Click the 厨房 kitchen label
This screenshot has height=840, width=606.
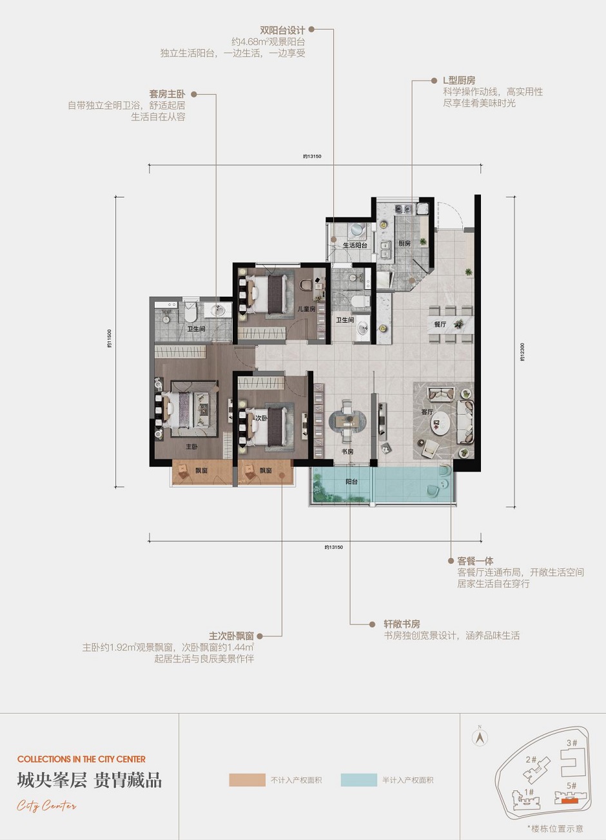coord(404,243)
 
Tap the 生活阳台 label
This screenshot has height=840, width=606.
coord(355,245)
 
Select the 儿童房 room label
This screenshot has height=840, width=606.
coord(306,309)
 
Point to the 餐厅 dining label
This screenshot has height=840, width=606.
coord(440,324)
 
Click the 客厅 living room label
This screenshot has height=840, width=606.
coord(427,412)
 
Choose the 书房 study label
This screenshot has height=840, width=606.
coord(347,451)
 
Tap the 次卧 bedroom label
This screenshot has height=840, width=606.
coord(261,418)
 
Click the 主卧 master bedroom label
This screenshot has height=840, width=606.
coord(191,446)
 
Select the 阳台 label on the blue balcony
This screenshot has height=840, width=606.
coord(351,481)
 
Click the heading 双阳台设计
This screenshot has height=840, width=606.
coord(282,30)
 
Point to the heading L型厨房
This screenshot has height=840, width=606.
coord(458,81)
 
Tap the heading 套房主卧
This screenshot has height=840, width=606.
coord(167,94)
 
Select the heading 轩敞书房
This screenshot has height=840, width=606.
coord(402,624)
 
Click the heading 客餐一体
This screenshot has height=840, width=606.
coord(475,561)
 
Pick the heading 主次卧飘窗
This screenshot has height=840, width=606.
coord(231,636)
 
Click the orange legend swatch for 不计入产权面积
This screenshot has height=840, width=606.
coord(247,780)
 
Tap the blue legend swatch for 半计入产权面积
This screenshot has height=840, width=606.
coord(358,780)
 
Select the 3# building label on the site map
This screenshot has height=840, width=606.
coord(572,743)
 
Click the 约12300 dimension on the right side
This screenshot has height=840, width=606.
coord(522,352)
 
